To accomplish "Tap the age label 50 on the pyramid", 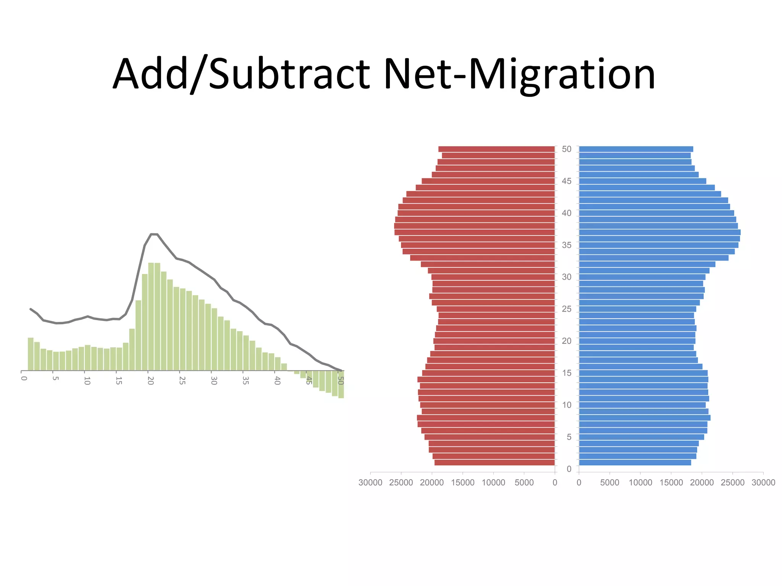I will click(x=567, y=149).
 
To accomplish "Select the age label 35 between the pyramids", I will click(x=567, y=245).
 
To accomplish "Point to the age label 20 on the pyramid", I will click(x=567, y=341).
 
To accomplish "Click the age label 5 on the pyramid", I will click(x=569, y=437).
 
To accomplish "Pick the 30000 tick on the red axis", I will click(x=370, y=483).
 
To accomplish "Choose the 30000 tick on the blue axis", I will click(x=763, y=483).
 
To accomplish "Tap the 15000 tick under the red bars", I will click(x=462, y=483).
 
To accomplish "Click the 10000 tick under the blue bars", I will click(x=640, y=483).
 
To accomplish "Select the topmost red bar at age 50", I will click(x=496, y=149).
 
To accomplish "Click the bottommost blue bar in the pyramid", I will click(x=635, y=463).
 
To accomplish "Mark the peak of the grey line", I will click(x=154, y=234).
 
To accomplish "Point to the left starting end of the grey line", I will click(x=31, y=309).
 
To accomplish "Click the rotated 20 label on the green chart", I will click(x=150, y=381).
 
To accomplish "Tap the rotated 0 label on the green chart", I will click(x=24, y=378).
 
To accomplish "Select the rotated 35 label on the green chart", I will click(x=246, y=381).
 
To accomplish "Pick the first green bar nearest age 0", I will click(x=31, y=354).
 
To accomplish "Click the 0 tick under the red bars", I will click(x=555, y=483).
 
